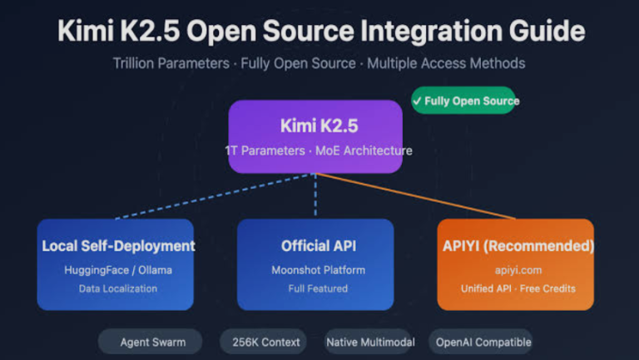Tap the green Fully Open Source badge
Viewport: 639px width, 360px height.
[463, 101]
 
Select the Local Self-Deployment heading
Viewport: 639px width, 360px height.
[118, 245]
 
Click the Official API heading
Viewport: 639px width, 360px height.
[315, 245]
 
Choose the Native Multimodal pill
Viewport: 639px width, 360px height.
[370, 342]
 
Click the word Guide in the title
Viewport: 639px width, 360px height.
[540, 32]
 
